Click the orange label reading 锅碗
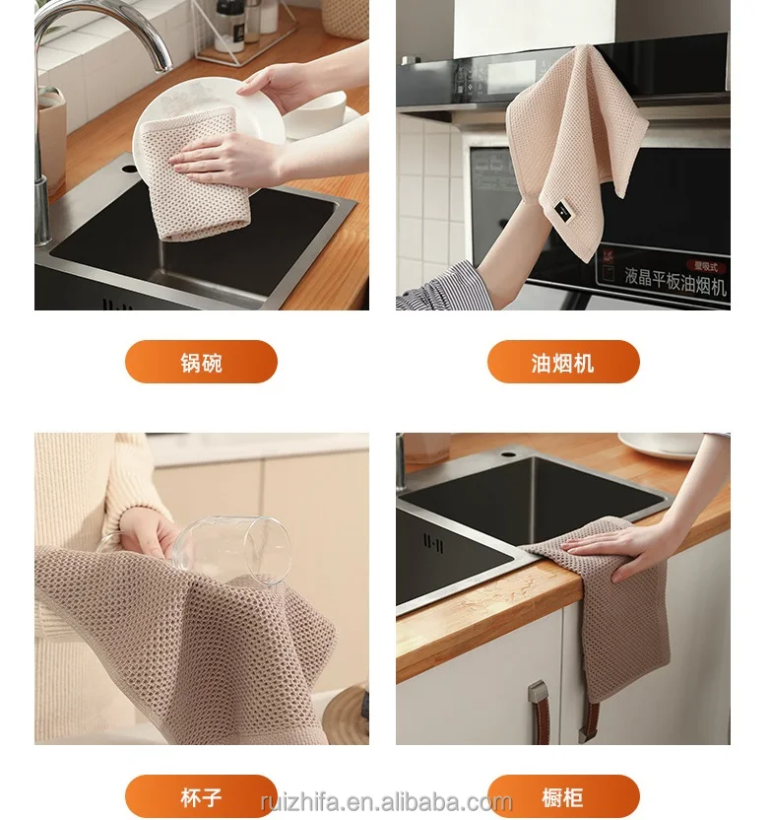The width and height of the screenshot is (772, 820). pyautogui.click(x=201, y=363)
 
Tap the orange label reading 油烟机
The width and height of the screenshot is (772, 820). pyautogui.click(x=563, y=363)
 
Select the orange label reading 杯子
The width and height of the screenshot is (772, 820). pyautogui.click(x=201, y=795)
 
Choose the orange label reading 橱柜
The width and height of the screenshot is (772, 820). pyautogui.click(x=563, y=795)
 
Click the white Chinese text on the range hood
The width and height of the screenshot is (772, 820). pyautogui.click(x=662, y=286)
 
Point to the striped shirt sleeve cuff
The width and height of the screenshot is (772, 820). pyautogui.click(x=433, y=291)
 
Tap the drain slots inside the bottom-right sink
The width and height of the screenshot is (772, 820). pyautogui.click(x=432, y=543)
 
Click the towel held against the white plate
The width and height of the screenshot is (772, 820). pyautogui.click(x=192, y=182)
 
